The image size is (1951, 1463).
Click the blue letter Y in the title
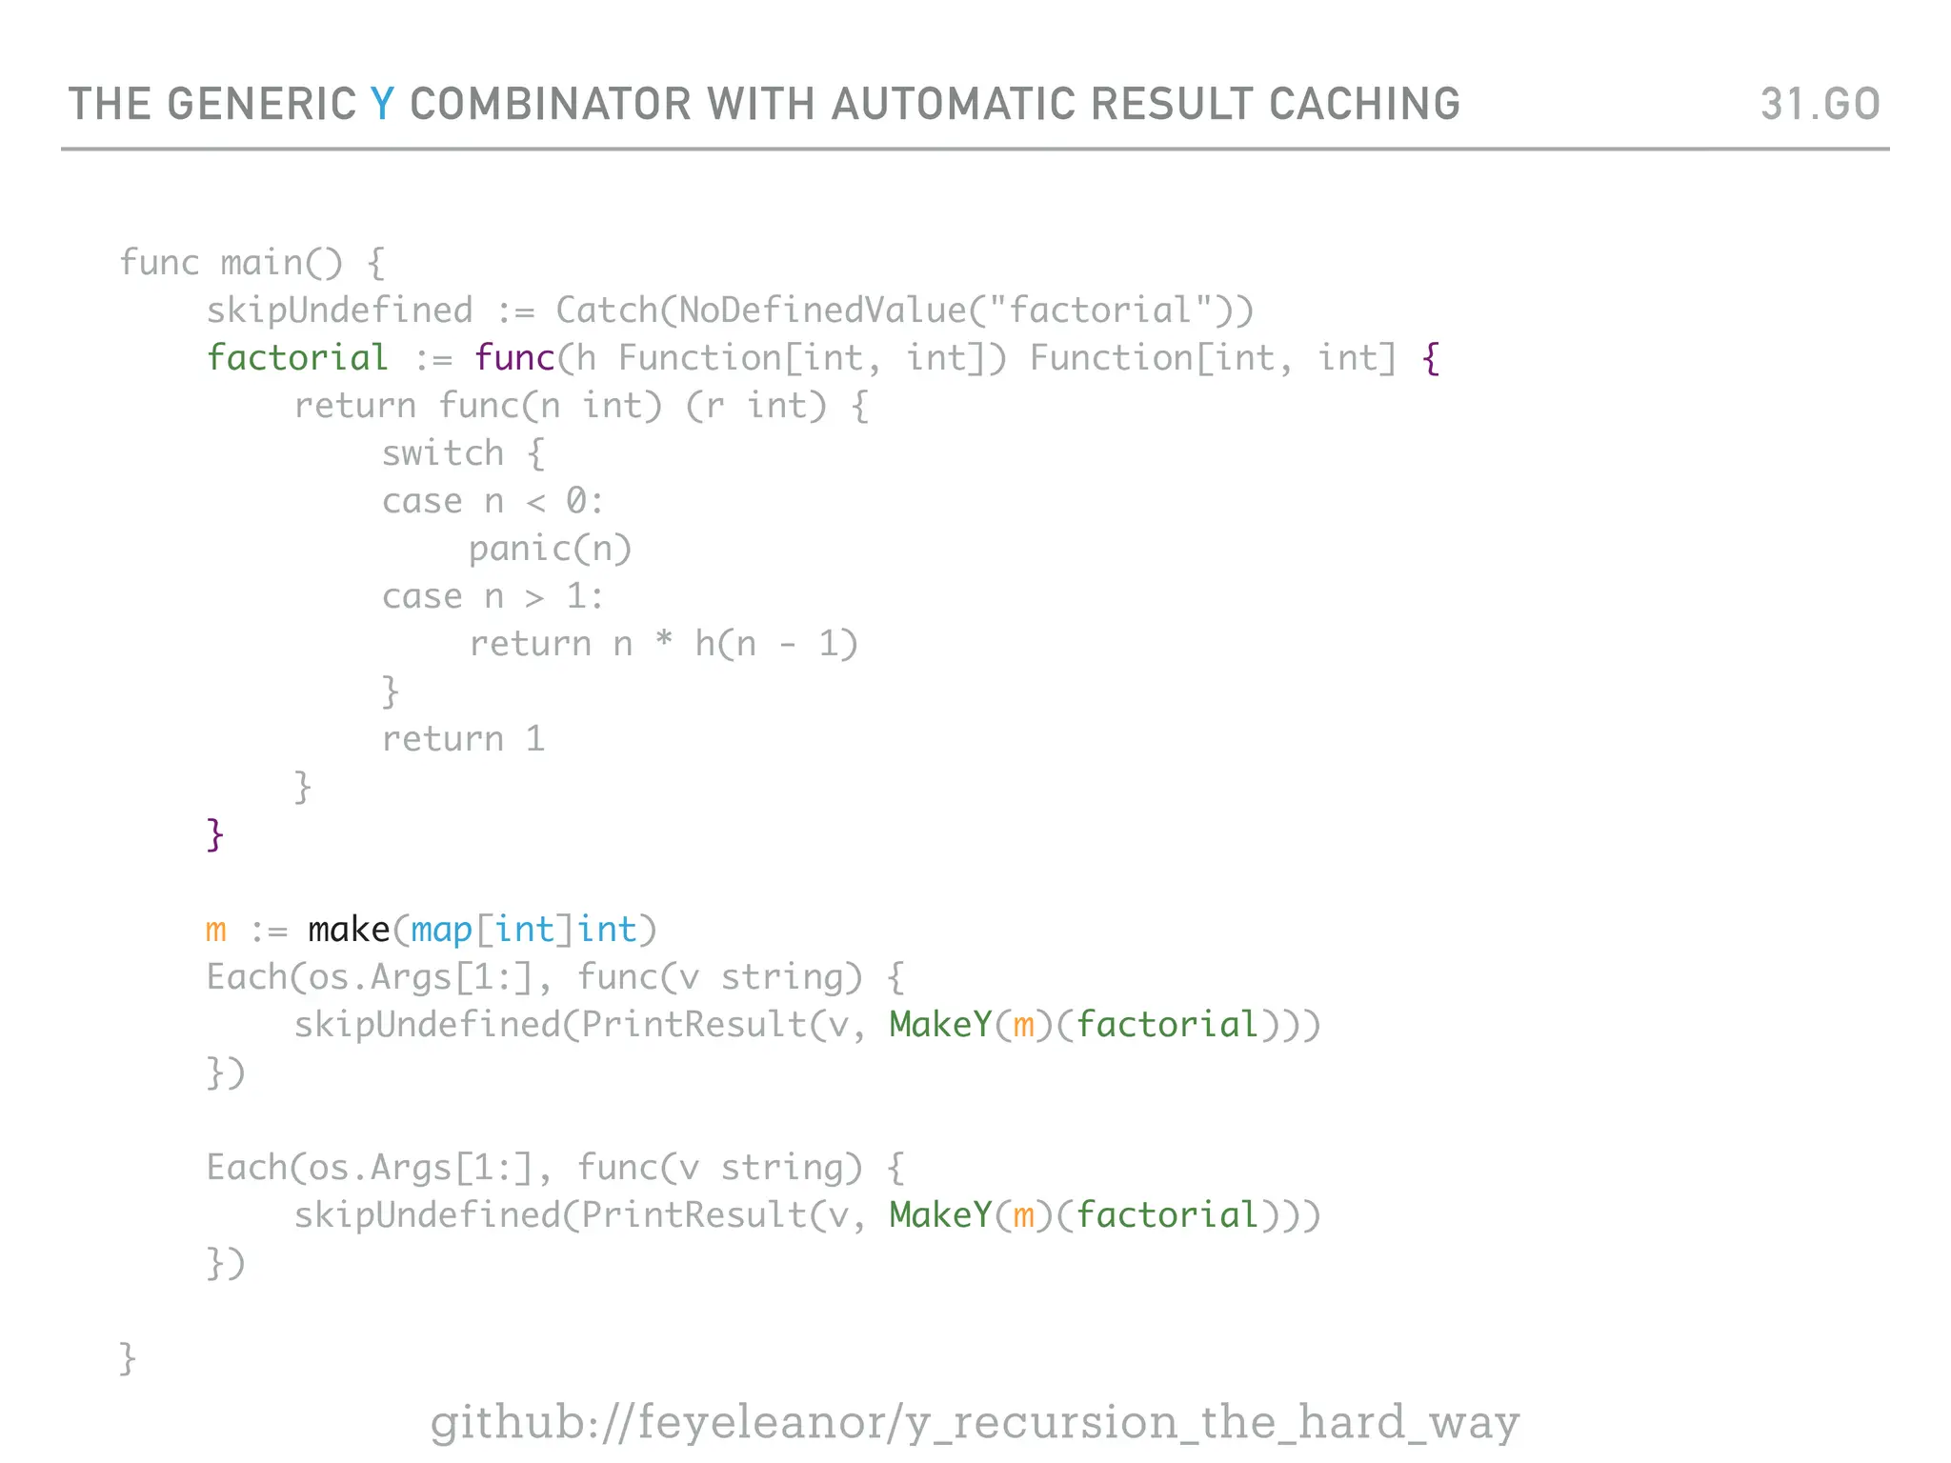pyautogui.click(x=382, y=104)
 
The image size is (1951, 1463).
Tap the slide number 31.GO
pyautogui.click(x=1820, y=104)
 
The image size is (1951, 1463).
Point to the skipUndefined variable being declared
pyautogui.click(x=339, y=311)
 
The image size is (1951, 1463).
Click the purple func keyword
pyautogui.click(x=514, y=358)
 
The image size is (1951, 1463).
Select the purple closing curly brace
pyautogui.click(x=215, y=835)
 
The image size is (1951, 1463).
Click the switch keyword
pyautogui.click(x=443, y=453)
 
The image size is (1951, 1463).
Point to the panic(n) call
pyautogui.click(x=550, y=550)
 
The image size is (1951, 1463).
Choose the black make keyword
pyautogui.click(x=349, y=930)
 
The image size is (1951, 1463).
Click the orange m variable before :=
pyautogui.click(x=216, y=931)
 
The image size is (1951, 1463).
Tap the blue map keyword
pyautogui.click(x=441, y=931)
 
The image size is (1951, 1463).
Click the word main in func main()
pyautogui.click(x=261, y=263)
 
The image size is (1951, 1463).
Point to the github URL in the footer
pyautogui.click(x=974, y=1422)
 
